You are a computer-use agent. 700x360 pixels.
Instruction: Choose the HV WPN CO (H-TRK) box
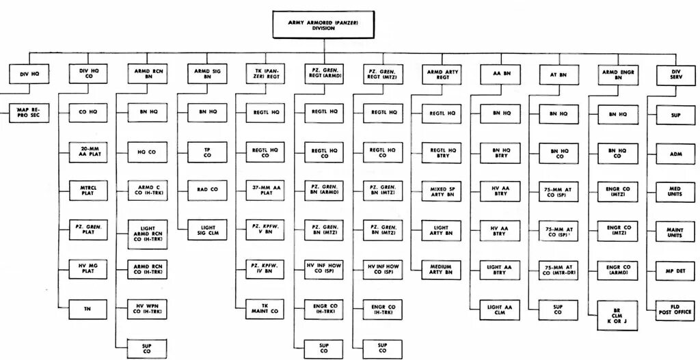click(148, 308)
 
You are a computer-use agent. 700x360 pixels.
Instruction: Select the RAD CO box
click(206, 189)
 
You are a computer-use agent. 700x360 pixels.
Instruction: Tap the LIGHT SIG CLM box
click(206, 230)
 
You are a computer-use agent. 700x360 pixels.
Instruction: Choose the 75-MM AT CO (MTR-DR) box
click(558, 269)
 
